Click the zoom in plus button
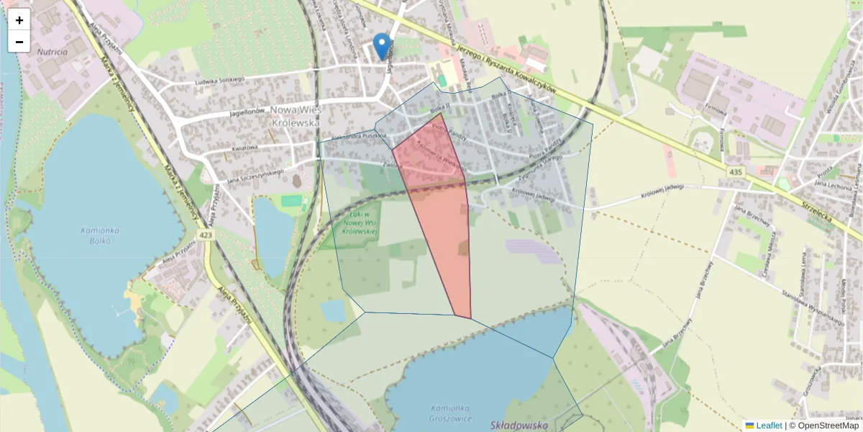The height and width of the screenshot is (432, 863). click(19, 20)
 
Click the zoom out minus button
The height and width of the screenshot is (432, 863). click(19, 42)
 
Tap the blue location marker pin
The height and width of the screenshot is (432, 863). click(383, 46)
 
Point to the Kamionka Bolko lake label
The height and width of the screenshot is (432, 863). click(101, 235)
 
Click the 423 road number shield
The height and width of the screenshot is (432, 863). click(206, 234)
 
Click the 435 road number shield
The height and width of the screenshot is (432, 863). click(734, 173)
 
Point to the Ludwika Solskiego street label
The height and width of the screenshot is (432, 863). click(220, 81)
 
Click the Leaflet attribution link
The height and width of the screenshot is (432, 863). click(768, 426)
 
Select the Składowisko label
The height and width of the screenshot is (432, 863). click(519, 426)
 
